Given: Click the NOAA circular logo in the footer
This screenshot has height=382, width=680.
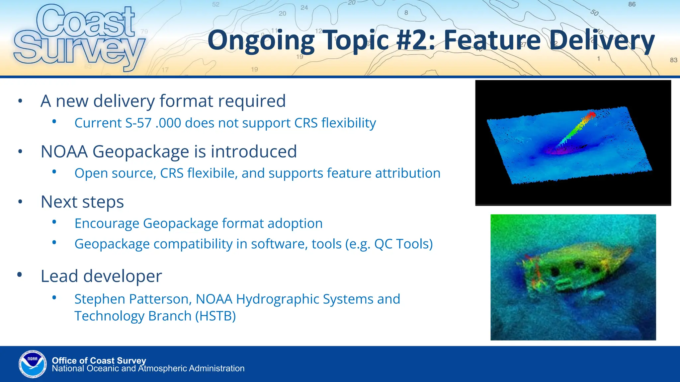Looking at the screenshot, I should tap(33, 364).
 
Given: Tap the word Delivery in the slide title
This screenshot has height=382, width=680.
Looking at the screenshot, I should tap(602, 40).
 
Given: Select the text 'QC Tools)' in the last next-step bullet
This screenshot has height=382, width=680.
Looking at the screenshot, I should tap(403, 244).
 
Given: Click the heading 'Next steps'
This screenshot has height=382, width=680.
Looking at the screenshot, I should tap(82, 202).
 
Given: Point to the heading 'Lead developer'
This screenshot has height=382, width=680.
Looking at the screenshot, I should tap(101, 276).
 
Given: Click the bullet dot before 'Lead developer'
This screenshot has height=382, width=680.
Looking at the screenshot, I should tap(20, 275).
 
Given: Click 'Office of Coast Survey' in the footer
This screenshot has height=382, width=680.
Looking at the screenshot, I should tap(99, 360).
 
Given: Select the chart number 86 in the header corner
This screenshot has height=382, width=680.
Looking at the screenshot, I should tap(632, 4).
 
